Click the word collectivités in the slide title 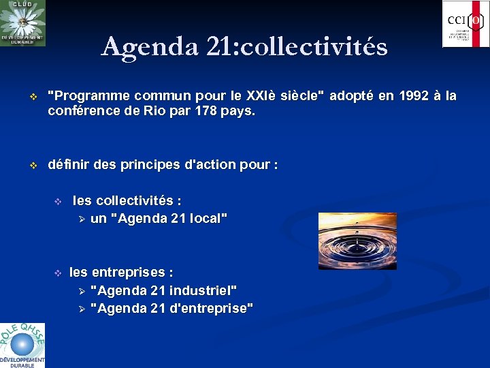tap(314, 47)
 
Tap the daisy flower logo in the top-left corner tap(22, 23)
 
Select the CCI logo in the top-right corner tap(465, 24)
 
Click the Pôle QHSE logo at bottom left tap(22, 345)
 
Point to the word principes tap(149, 165)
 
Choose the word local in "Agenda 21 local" tap(208, 219)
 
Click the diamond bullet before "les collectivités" tap(58, 202)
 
